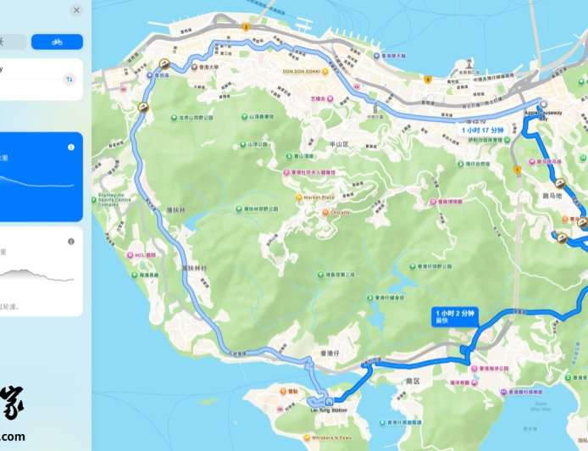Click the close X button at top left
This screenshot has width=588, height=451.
point(76,10)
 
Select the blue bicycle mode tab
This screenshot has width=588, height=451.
point(57,42)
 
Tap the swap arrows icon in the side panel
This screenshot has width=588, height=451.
point(69,79)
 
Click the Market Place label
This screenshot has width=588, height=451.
point(318,198)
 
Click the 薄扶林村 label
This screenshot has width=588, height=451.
point(195,268)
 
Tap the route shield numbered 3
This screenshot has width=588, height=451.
point(246,27)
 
